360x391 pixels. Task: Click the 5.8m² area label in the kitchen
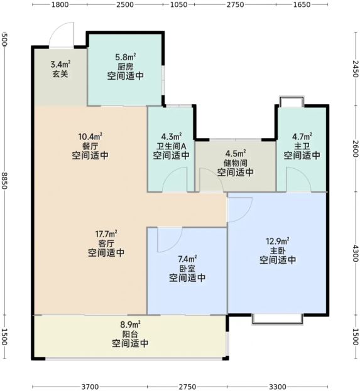pos(125,57)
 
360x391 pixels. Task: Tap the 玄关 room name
pos(60,74)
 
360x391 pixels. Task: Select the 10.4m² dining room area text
pos(90,136)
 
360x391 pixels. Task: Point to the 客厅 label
pos(106,244)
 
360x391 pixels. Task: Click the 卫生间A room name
pos(172,146)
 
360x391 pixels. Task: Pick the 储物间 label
pos(236,163)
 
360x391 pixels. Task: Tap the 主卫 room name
pos(302,146)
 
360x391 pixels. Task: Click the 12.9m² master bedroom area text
pos(278,241)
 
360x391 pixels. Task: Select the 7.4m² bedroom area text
pos(187,259)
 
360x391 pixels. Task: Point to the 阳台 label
pos(130,334)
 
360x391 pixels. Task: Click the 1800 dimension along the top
pos(60,4)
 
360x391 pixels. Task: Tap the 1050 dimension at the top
pos(178,4)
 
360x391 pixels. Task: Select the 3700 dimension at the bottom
pos(90,387)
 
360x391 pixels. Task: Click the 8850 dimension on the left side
pos(4,180)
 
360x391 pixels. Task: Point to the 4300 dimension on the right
pos(356,253)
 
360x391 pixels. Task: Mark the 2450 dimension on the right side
pos(356,68)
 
